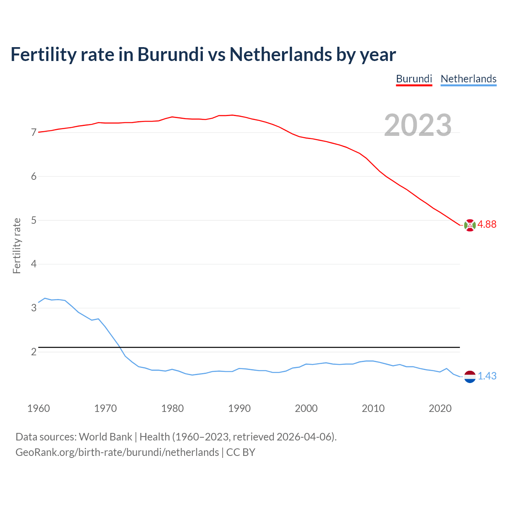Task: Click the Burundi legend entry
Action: [x=414, y=79]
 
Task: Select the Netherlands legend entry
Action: [x=468, y=79]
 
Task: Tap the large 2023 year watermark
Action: [x=418, y=125]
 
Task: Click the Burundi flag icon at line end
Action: [x=470, y=225]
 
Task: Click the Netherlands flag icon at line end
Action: [x=470, y=377]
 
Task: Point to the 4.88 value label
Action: [x=487, y=225]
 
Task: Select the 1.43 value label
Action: [x=487, y=376]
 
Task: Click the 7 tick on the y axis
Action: [x=34, y=133]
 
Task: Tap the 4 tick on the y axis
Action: [x=34, y=264]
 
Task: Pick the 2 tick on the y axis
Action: [x=34, y=352]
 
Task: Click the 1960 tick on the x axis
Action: [x=38, y=408]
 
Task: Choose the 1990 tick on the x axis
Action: [x=239, y=408]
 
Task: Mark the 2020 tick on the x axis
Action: [x=440, y=408]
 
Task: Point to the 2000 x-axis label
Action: [x=306, y=408]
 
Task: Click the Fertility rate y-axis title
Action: [x=17, y=246]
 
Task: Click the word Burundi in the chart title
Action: [x=170, y=54]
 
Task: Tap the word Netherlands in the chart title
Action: [x=280, y=54]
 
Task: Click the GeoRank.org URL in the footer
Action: [x=117, y=452]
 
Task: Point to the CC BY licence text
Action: [x=241, y=452]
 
